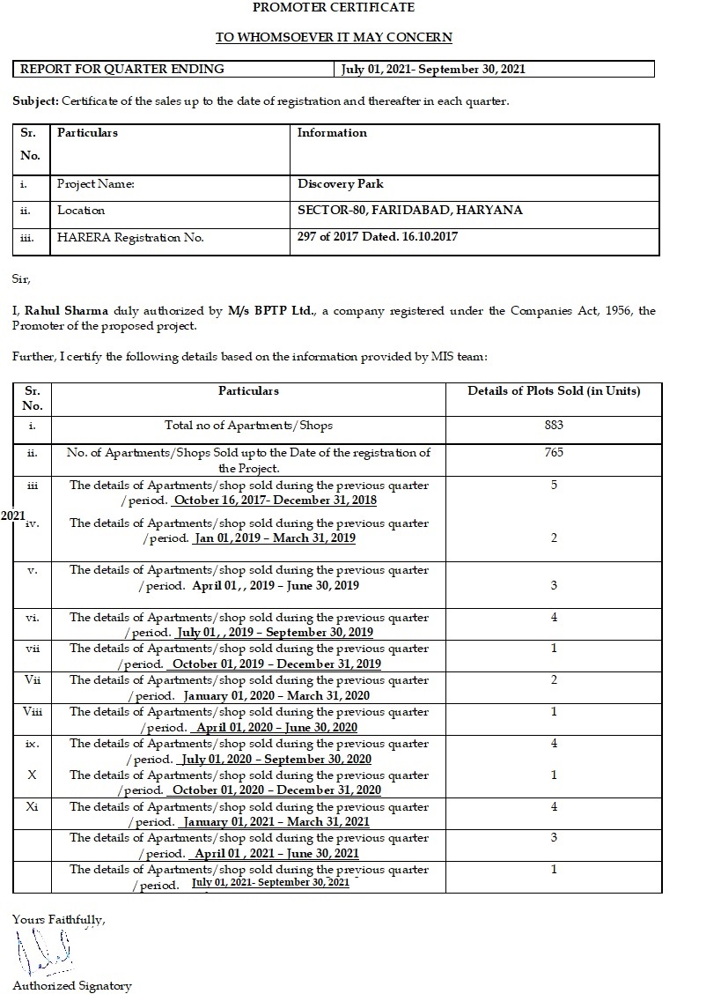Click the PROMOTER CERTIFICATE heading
click(334, 8)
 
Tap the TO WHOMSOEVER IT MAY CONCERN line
click(334, 37)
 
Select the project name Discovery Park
click(341, 184)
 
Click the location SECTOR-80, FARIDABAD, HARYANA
click(410, 210)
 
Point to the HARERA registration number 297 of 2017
click(378, 237)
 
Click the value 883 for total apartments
click(554, 426)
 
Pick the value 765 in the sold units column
click(554, 453)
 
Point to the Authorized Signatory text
click(72, 986)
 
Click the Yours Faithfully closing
click(59, 919)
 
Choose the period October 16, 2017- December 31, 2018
click(275, 501)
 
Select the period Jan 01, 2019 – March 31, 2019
click(275, 538)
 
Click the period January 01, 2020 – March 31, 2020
click(276, 695)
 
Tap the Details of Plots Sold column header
click(554, 390)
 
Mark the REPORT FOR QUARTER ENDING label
click(122, 69)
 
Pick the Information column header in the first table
click(332, 133)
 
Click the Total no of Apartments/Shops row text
click(249, 426)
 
